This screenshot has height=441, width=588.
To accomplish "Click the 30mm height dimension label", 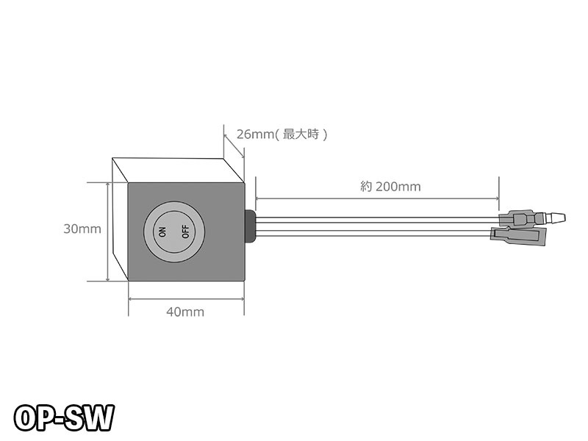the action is click(x=82, y=229).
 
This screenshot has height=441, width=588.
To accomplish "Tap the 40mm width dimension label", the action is click(x=185, y=312).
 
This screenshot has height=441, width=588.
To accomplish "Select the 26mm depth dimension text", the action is click(x=255, y=134).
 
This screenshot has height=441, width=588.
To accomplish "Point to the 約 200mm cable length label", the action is click(x=390, y=187).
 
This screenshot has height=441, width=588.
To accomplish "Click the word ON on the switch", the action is click(x=162, y=232).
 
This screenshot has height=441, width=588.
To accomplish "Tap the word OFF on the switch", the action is click(x=186, y=232).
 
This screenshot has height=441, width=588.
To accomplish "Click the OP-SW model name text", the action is click(x=64, y=417).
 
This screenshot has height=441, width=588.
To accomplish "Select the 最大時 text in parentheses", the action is click(x=301, y=134).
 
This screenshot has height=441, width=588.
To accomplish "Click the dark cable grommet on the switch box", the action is click(x=250, y=226).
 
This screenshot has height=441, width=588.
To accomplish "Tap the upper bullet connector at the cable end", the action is click(x=531, y=218).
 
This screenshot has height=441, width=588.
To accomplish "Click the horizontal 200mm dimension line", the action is click(x=377, y=198).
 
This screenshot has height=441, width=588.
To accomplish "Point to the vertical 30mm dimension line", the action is click(x=108, y=232).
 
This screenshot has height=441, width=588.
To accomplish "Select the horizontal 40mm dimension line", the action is click(x=187, y=299).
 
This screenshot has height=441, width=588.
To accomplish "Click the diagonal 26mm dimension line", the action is click(x=234, y=146).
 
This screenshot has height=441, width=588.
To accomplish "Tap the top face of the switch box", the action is click(x=179, y=171).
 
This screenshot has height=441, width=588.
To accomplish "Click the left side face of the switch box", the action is click(x=121, y=219).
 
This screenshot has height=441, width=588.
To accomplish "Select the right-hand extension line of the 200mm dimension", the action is click(x=499, y=193).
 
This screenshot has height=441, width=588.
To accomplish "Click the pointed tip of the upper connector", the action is click(x=564, y=218).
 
